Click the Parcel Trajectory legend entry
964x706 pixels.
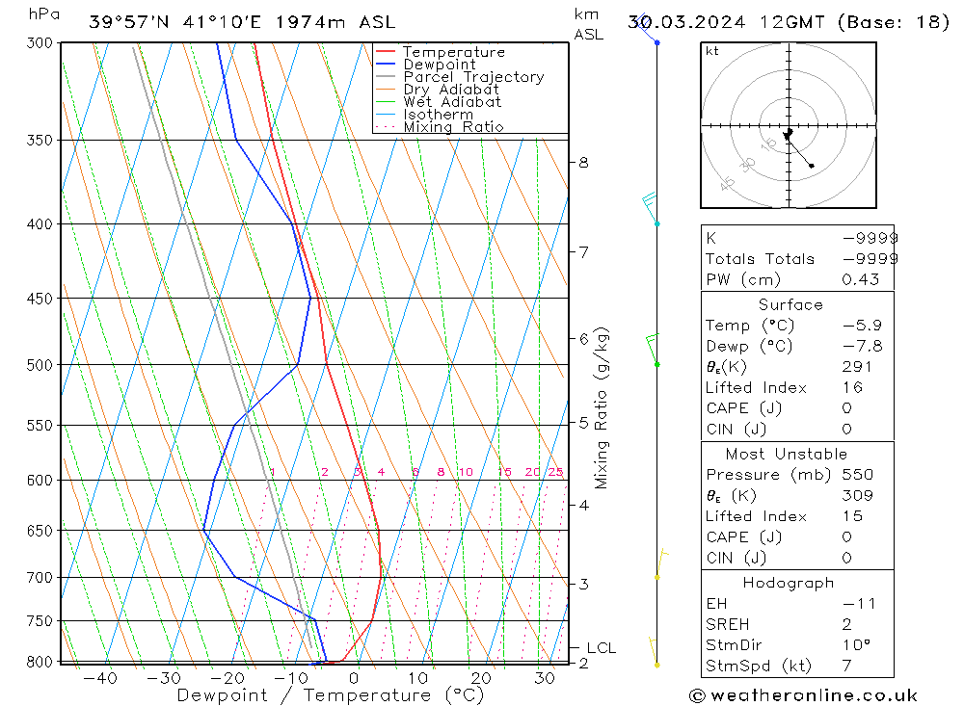click(x=473, y=77)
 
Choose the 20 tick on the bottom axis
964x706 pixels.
click(x=481, y=678)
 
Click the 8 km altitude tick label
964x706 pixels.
click(x=583, y=163)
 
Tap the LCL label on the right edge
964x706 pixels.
click(x=601, y=648)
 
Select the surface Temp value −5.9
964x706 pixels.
click(x=862, y=326)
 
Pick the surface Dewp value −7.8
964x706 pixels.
click(x=862, y=347)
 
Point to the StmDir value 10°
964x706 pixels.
click(x=856, y=645)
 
